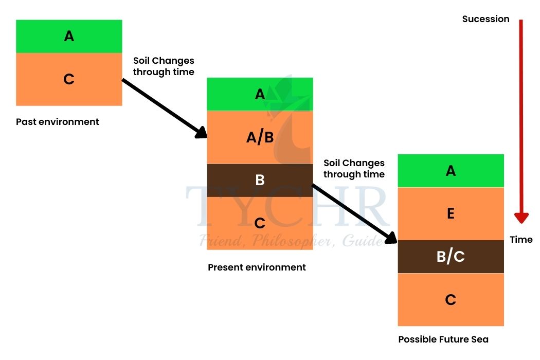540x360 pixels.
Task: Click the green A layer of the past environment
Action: pyautogui.click(x=69, y=36)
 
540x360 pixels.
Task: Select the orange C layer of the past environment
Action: pyautogui.click(x=69, y=79)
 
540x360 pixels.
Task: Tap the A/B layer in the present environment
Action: pyautogui.click(x=260, y=137)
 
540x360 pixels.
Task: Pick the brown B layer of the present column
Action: pyautogui.click(x=260, y=180)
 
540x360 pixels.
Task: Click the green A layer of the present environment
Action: pyautogui.click(x=260, y=94)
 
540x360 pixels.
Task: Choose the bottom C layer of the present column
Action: pyautogui.click(x=260, y=223)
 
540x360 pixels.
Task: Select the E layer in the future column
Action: pyautogui.click(x=451, y=213)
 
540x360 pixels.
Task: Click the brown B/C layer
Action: pyautogui.click(x=451, y=257)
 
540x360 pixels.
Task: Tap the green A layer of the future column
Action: pyautogui.click(x=451, y=171)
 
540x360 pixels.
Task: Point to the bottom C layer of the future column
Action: pyautogui.click(x=451, y=299)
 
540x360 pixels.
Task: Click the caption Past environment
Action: pyautogui.click(x=57, y=122)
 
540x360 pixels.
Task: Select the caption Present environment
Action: pyautogui.click(x=257, y=267)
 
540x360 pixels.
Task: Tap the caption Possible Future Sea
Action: pyautogui.click(x=443, y=339)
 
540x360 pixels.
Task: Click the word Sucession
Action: pyautogui.click(x=485, y=19)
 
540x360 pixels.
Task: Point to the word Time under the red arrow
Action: pyautogui.click(x=521, y=239)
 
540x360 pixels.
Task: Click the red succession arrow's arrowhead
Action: pyautogui.click(x=521, y=217)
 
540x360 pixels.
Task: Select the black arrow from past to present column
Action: pyautogui.click(x=165, y=109)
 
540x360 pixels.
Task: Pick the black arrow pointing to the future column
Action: pyautogui.click(x=355, y=212)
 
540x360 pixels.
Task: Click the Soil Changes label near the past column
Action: pyautogui.click(x=164, y=66)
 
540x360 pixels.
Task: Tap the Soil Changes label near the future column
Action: pyautogui.click(x=354, y=168)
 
